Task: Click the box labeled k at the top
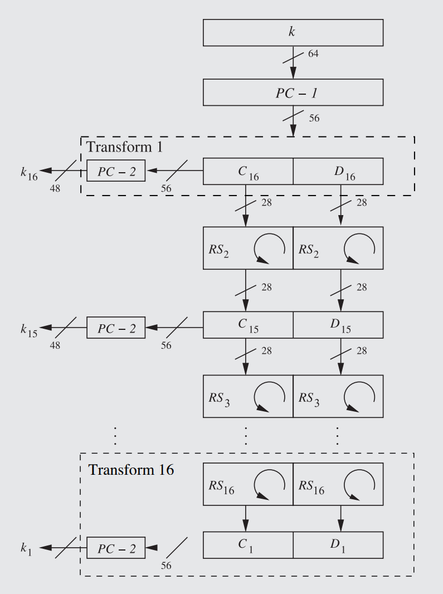point(293,32)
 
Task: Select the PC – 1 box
point(293,92)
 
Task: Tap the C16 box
point(247,171)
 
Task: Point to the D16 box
point(338,171)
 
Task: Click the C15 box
point(247,324)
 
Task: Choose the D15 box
point(338,324)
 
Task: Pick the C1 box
point(247,545)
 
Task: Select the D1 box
point(338,545)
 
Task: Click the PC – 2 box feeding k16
point(116,171)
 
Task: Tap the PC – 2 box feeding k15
point(116,328)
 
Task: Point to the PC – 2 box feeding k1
point(116,548)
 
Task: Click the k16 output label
point(29,173)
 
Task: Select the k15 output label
point(29,330)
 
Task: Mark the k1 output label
point(26,550)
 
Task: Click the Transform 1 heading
point(124,147)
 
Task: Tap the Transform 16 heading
point(131,470)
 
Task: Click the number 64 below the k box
point(313,53)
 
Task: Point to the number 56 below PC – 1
point(314,118)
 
